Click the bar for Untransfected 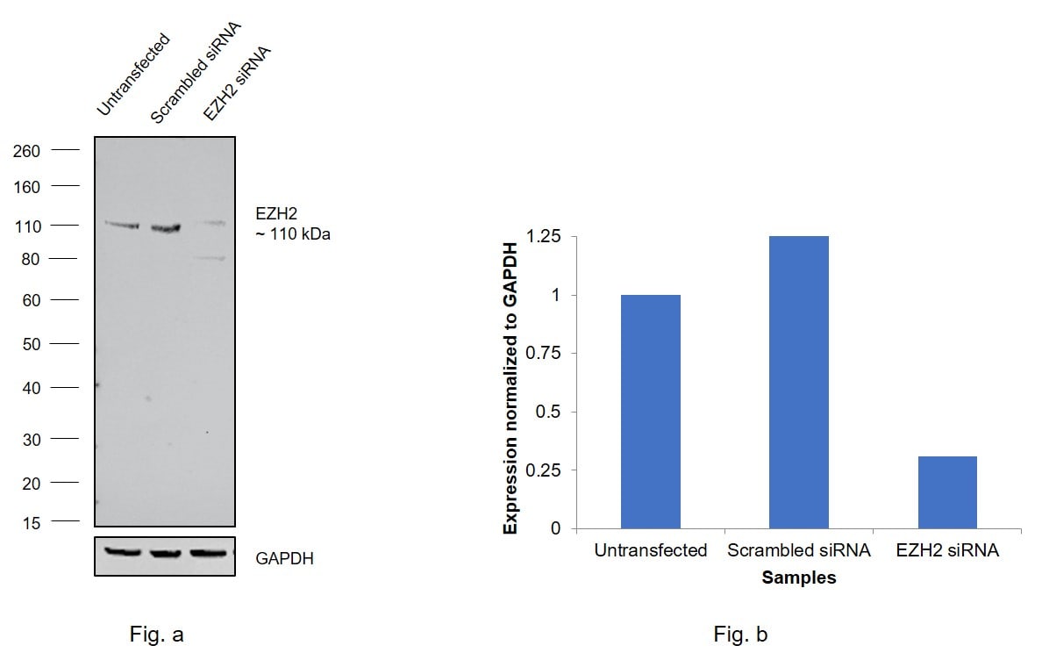pos(650,412)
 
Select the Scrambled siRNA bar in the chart pos(798,383)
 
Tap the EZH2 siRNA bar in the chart pos(947,492)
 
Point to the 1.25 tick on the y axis pos(545,237)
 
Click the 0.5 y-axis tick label pos(551,412)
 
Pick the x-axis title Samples pos(798,577)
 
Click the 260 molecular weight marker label pos(27,151)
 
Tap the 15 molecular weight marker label pos(31,523)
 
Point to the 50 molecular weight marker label pos(31,344)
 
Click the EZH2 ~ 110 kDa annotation pos(293,224)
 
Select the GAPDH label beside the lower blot pos(284,558)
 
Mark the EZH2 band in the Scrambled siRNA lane pos(165,228)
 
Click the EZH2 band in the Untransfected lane pos(122,226)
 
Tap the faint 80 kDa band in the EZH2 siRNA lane pos(209,258)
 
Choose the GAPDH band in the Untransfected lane pos(122,552)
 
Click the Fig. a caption pos(156,635)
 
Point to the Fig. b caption pos(740,635)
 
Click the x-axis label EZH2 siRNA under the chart pos(947,551)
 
